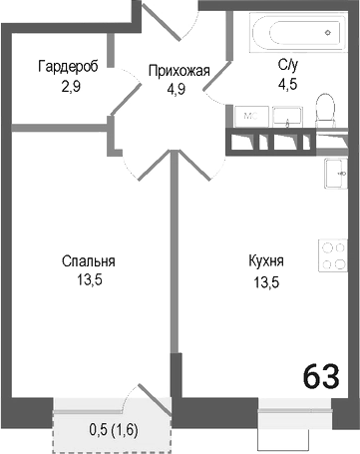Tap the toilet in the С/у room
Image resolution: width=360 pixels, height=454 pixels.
tap(324, 110)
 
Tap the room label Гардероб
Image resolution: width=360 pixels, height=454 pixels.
tap(67, 67)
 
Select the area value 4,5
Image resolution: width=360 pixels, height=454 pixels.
tap(289, 85)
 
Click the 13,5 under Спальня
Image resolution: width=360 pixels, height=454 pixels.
tap(90, 279)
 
